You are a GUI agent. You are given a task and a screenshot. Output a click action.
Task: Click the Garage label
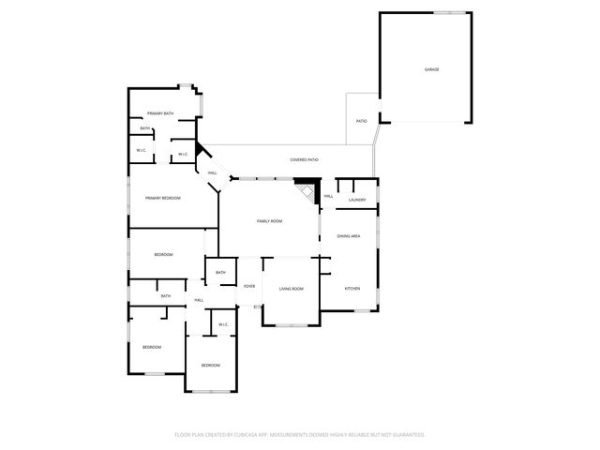(431, 69)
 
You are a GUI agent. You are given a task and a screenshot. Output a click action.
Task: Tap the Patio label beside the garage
(361, 121)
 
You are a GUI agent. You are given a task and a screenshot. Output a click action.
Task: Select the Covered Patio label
(304, 160)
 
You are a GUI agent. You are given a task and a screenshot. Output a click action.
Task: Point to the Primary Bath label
(160, 113)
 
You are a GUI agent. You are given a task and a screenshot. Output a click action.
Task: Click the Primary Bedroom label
(162, 198)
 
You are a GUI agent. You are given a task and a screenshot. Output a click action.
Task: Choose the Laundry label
(356, 200)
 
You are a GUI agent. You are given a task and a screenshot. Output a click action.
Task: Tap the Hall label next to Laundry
(329, 196)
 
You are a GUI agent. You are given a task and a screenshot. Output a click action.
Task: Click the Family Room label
(270, 221)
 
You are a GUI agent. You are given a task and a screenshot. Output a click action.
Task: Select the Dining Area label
(349, 235)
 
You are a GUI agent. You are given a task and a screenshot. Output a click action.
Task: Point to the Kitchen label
(352, 288)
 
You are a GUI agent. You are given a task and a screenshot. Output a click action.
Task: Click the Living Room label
(291, 288)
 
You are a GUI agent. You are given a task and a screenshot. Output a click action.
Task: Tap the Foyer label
(249, 286)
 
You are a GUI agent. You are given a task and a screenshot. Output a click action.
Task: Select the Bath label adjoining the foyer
(220, 273)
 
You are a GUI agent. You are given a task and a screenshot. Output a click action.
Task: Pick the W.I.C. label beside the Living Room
(224, 324)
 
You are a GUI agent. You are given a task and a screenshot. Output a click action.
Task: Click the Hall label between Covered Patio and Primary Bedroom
(213, 172)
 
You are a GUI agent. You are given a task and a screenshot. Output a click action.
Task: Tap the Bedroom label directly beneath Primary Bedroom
(163, 255)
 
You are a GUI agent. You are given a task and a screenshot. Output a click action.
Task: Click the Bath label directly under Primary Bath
(145, 128)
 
